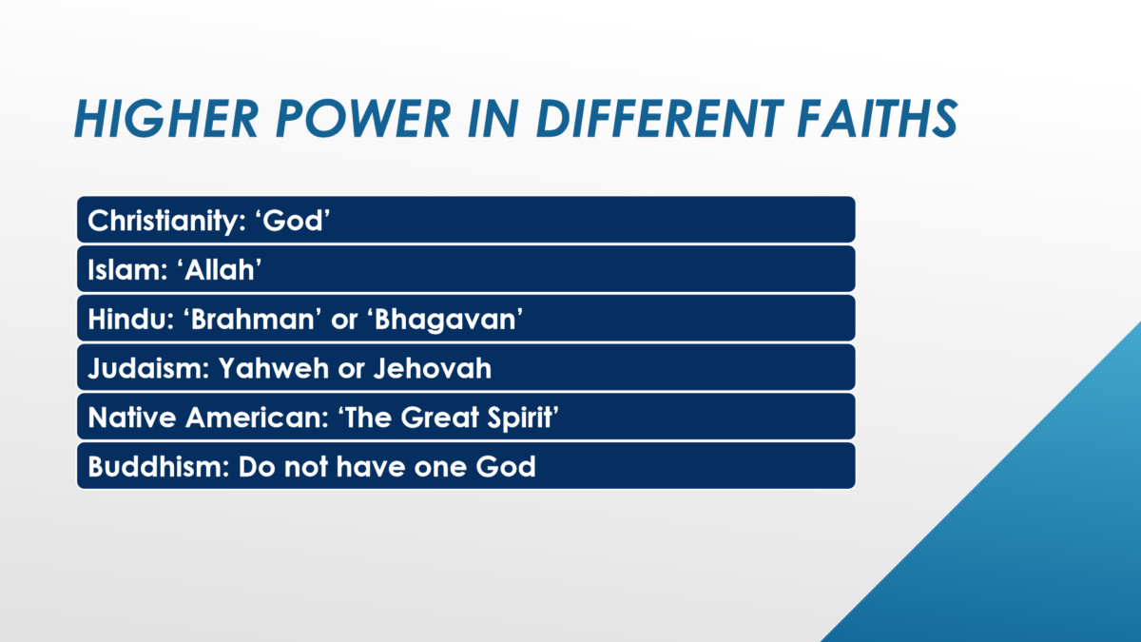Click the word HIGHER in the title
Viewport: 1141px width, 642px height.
pos(166,119)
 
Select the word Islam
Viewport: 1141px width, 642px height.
pos(127,269)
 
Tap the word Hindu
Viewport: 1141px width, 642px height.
pos(131,319)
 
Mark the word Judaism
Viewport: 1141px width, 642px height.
pos(148,368)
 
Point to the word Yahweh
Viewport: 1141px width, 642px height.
pos(274,368)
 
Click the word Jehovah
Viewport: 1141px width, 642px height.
pos(433,368)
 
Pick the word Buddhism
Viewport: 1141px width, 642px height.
pos(159,466)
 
